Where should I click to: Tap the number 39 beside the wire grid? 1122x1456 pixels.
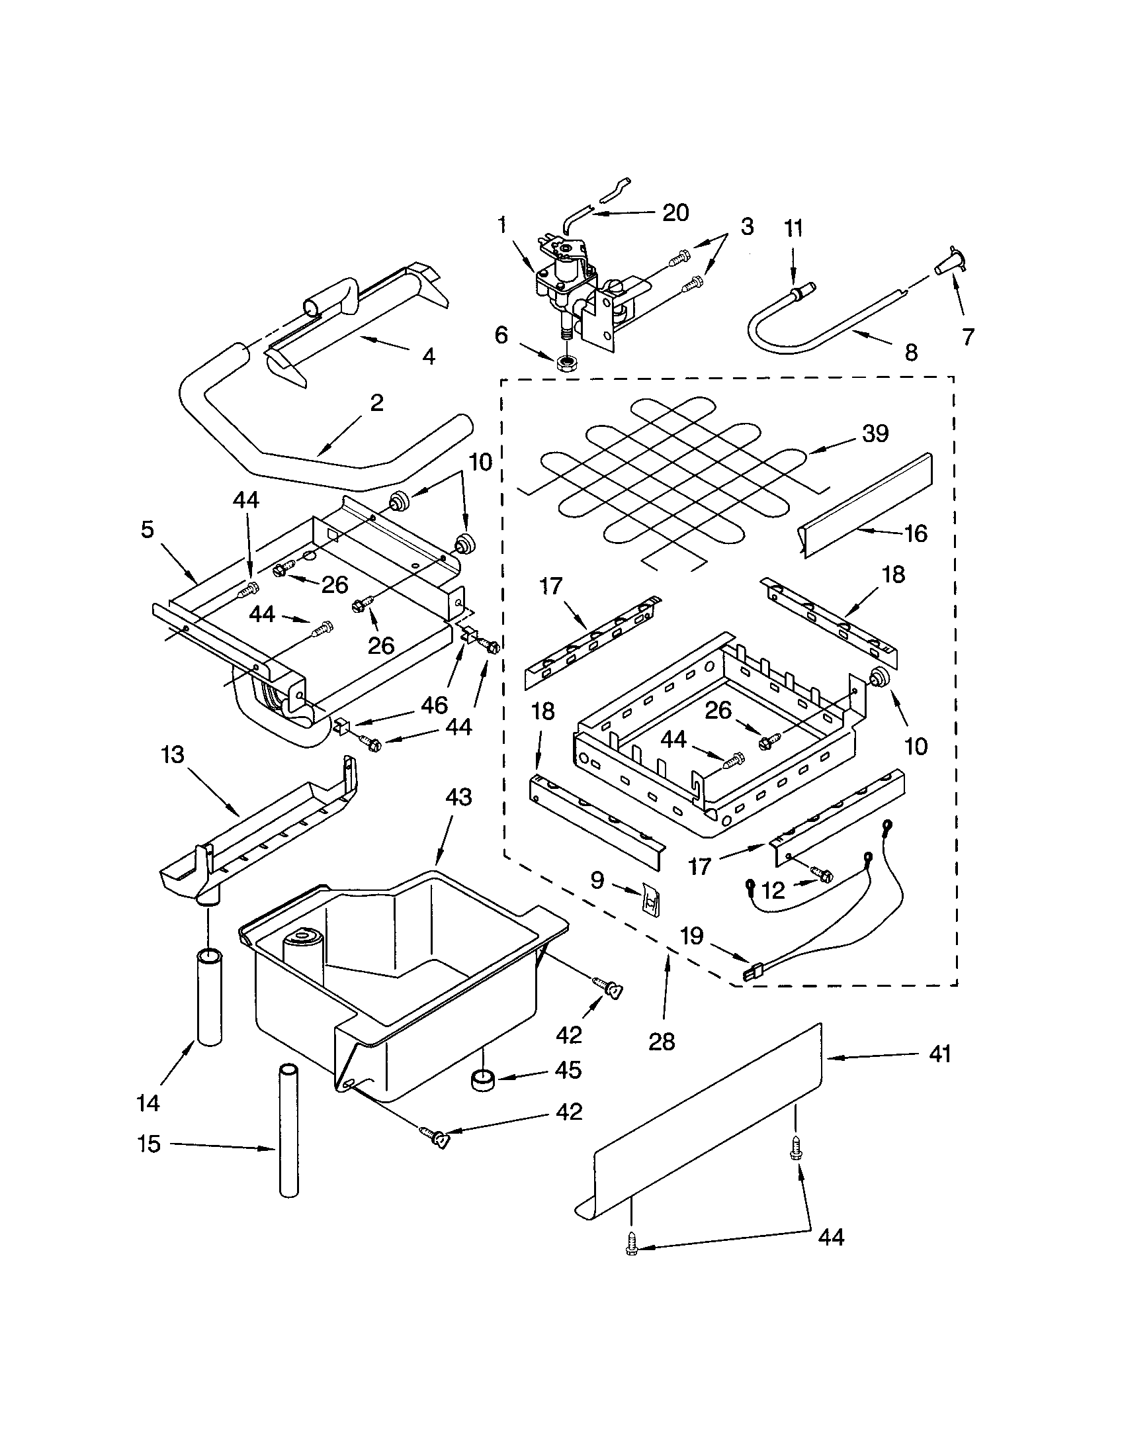tap(875, 433)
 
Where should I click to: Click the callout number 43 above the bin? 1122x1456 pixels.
tap(458, 797)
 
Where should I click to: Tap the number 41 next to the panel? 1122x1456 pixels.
tap(939, 1055)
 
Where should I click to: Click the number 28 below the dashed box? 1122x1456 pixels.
tap(662, 1041)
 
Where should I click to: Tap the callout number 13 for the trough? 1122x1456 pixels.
tap(173, 756)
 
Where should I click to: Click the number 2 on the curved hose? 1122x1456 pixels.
tap(376, 403)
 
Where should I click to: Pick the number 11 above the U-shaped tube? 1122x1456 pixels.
tap(793, 229)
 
